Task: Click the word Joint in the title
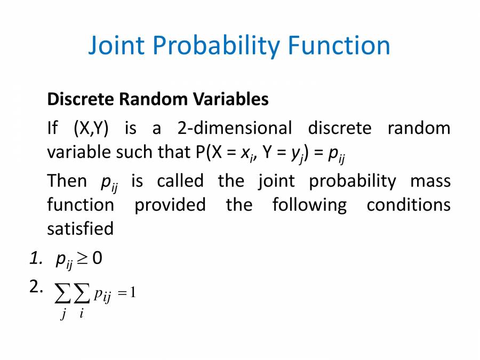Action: tap(116, 46)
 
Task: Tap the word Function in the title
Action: tap(339, 46)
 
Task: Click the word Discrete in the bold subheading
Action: tap(80, 99)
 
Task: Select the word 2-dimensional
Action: tap(234, 129)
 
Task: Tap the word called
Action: tap(180, 181)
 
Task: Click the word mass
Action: tap(430, 181)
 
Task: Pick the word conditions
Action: tap(408, 205)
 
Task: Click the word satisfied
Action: tap(81, 229)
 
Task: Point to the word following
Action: tap(309, 205)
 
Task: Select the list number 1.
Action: tap(36, 259)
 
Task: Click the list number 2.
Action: tap(36, 287)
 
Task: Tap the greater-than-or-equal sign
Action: tap(82, 260)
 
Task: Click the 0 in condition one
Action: tap(97, 259)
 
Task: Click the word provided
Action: tap(170, 205)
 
